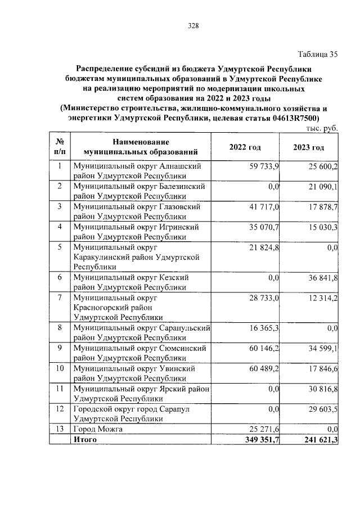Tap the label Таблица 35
pyautogui.click(x=318, y=55)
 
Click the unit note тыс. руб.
pyautogui.click(x=322, y=129)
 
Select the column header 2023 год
pyautogui.click(x=308, y=147)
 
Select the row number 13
pyautogui.click(x=58, y=429)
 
